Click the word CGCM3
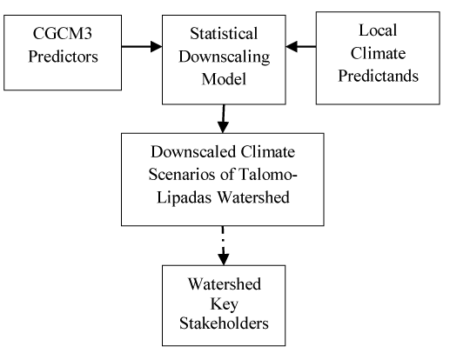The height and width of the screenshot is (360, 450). (x=63, y=33)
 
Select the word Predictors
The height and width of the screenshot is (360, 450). (x=63, y=57)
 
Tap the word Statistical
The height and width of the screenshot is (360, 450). (x=224, y=33)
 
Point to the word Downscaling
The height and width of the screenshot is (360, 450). (x=224, y=57)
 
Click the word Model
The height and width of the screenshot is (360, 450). (x=224, y=79)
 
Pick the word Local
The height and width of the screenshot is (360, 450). (x=378, y=30)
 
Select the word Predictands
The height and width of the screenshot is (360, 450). (x=378, y=76)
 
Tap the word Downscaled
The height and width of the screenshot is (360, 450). (x=193, y=151)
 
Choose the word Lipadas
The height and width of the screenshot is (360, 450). (x=184, y=197)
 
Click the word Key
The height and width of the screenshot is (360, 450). (x=224, y=304)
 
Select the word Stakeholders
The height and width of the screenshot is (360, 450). (x=224, y=323)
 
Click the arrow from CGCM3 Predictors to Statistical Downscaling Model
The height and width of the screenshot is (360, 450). (x=142, y=46)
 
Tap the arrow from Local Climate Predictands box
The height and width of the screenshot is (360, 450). (x=301, y=46)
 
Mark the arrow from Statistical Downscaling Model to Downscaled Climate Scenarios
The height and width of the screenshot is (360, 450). (x=223, y=118)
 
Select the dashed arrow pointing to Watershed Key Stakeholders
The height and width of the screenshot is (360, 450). (x=223, y=245)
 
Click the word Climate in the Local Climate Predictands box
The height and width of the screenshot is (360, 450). (x=378, y=53)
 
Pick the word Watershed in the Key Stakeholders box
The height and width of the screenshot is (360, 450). (x=225, y=283)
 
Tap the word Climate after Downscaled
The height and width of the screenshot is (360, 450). (x=268, y=151)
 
